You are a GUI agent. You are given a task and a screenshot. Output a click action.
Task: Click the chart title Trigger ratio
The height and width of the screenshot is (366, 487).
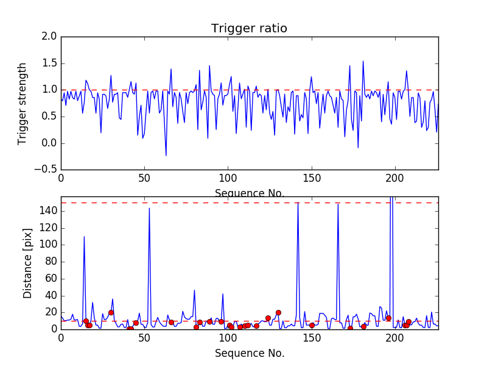(249, 29)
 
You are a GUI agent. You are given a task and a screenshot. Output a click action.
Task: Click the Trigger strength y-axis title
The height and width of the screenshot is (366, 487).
(23, 103)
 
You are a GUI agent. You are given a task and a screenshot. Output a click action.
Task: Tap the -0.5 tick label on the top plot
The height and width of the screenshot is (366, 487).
(47, 170)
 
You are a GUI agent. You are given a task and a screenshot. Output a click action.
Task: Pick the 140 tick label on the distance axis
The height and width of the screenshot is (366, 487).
(48, 211)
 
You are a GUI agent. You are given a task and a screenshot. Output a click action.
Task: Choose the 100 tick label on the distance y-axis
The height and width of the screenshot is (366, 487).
(48, 245)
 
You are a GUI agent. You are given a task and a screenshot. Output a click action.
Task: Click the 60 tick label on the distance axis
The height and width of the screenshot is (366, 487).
(51, 278)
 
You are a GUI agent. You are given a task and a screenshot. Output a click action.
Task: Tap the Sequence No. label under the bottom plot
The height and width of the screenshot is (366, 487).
(249, 353)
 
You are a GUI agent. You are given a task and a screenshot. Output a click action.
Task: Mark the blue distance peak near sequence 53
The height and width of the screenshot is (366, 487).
(149, 209)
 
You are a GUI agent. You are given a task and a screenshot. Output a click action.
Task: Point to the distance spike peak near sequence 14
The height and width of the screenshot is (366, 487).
(84, 237)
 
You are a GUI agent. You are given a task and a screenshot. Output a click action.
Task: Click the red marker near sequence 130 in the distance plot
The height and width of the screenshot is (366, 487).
(278, 312)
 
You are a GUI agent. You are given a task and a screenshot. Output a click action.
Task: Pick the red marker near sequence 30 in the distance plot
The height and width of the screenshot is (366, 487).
(111, 312)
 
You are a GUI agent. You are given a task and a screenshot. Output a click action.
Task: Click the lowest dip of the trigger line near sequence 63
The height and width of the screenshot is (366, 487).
(166, 156)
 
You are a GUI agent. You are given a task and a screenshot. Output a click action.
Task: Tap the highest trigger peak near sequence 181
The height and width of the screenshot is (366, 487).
(363, 61)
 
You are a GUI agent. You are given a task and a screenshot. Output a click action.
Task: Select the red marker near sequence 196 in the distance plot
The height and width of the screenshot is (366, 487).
(388, 318)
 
